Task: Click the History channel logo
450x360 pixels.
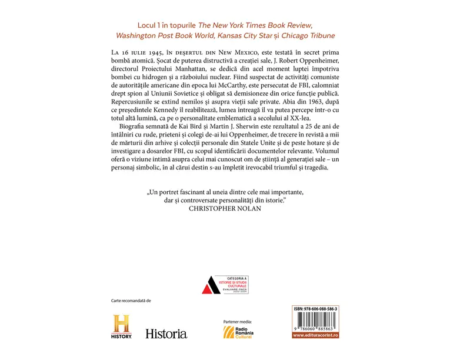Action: (122, 326)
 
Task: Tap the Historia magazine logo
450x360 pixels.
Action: (166, 333)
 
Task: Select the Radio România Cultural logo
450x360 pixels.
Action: (238, 332)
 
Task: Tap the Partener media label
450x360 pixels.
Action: (238, 321)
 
